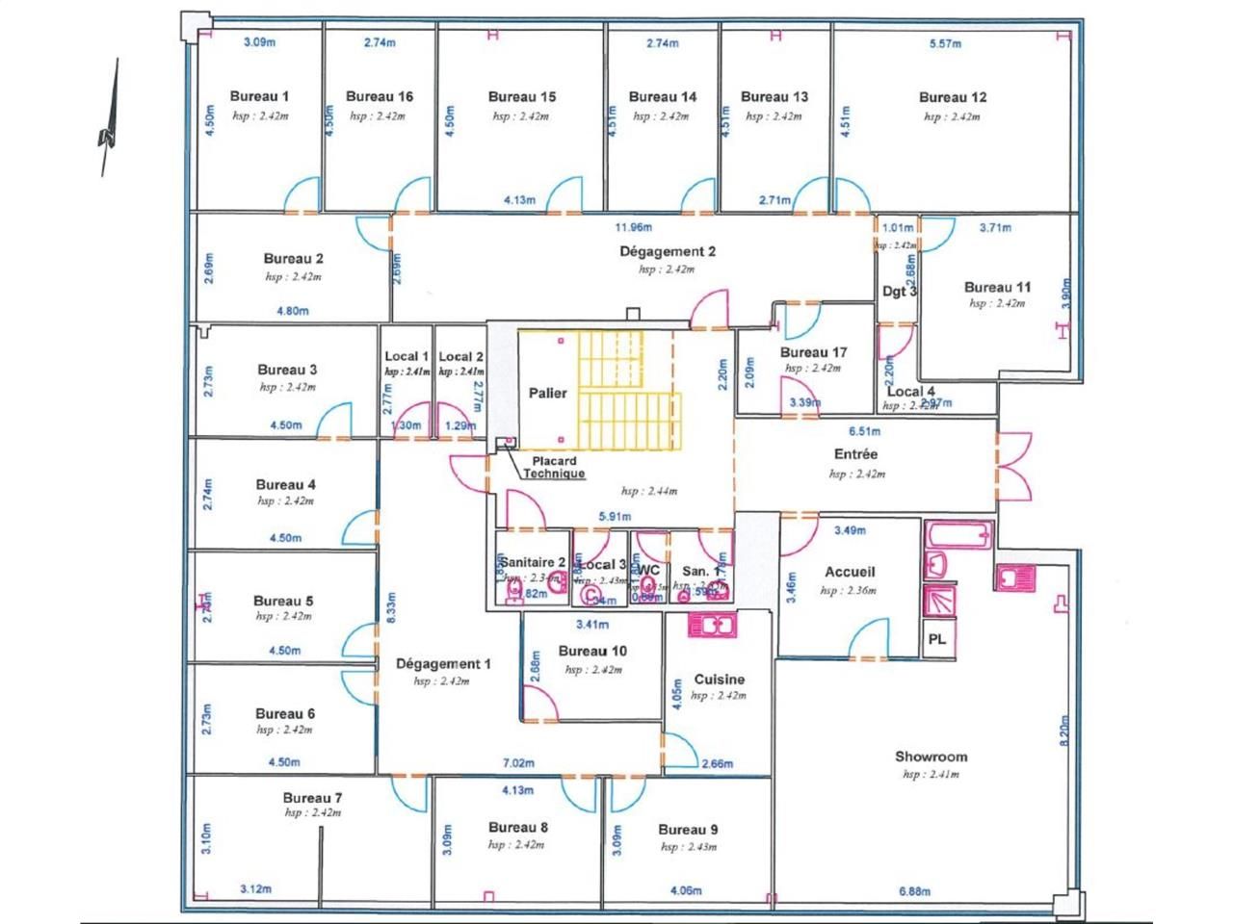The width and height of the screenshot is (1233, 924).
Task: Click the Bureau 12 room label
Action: click(952, 97)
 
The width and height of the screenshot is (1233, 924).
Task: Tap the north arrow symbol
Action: click(109, 120)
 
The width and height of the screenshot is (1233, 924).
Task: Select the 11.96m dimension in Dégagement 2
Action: click(634, 228)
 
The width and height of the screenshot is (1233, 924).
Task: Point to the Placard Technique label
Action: click(553, 468)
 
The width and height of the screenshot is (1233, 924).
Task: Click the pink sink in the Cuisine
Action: click(713, 625)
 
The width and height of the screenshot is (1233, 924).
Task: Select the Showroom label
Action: click(931, 757)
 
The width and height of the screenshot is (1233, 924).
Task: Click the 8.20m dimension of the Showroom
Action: click(1064, 730)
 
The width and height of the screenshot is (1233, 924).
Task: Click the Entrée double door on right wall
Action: click(1013, 465)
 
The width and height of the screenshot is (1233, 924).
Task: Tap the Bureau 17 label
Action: click(813, 353)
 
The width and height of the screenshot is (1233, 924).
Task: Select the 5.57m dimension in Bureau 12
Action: click(945, 43)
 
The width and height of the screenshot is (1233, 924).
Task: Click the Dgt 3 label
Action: click(899, 292)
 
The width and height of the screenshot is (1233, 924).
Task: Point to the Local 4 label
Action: click(910, 391)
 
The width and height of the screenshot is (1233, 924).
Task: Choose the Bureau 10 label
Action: click(591, 652)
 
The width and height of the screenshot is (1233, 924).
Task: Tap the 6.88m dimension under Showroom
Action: click(915, 891)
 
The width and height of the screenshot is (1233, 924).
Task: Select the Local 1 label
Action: click(406, 357)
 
